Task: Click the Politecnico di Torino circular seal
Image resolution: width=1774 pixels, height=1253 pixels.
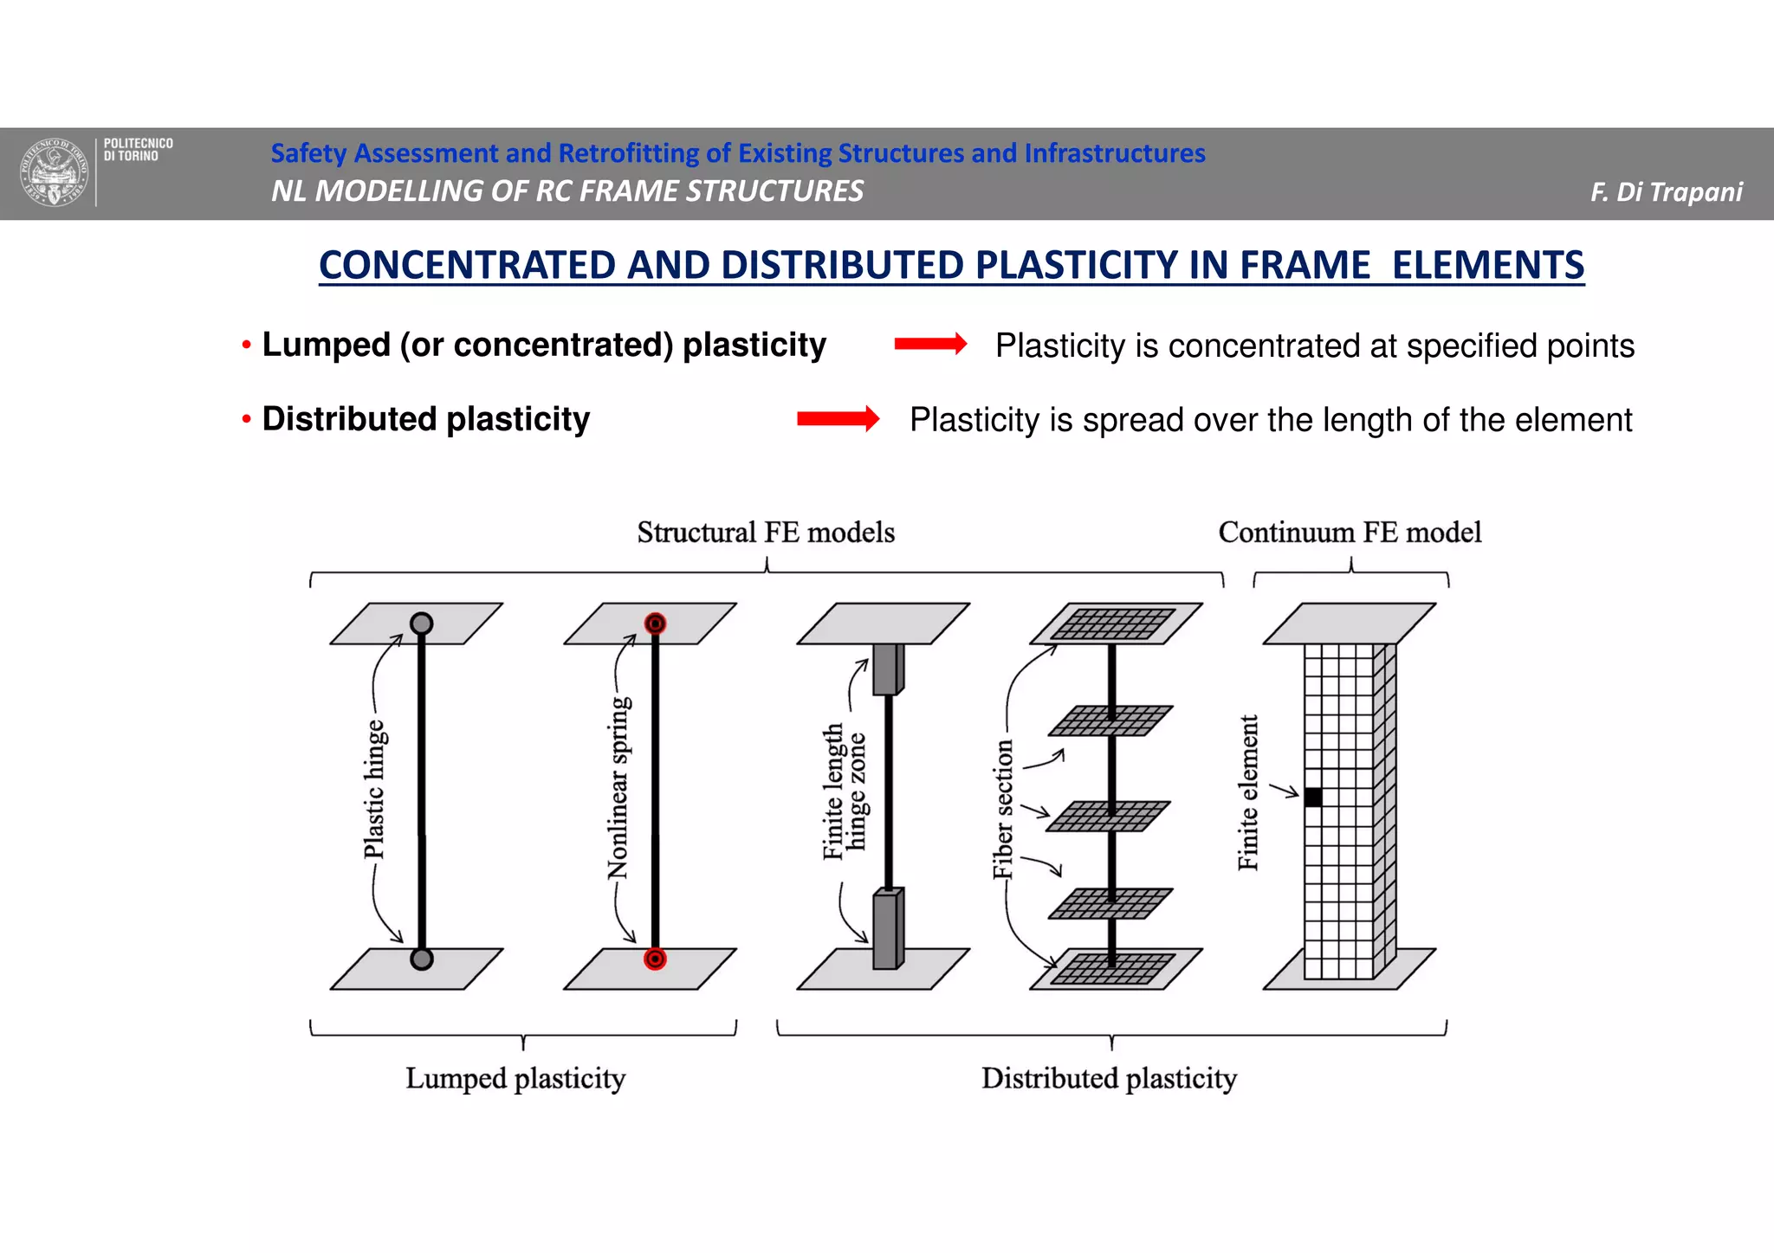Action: pos(55,173)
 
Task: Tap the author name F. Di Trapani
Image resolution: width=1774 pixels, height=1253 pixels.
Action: pos(1666,191)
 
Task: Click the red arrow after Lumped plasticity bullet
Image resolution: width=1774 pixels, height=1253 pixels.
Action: pos(930,345)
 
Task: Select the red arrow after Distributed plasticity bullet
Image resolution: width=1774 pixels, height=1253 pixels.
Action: pos(838,419)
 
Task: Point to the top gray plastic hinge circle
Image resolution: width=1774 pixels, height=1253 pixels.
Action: pos(422,623)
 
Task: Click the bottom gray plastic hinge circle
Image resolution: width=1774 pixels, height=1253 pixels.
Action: pos(422,959)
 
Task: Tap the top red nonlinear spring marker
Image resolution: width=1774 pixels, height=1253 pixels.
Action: pos(656,623)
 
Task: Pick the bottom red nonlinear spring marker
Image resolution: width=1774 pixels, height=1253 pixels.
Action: pos(656,959)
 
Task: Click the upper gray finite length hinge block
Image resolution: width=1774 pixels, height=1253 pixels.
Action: pos(888,668)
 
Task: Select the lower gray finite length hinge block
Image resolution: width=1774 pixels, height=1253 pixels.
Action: pos(888,929)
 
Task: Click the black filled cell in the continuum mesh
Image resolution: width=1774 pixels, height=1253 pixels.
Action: pos(1313,797)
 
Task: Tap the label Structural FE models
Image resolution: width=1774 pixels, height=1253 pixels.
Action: pos(766,532)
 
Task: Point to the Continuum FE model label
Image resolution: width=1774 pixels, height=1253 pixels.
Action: pos(1350,532)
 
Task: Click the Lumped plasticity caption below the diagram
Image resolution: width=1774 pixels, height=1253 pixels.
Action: pos(515,1078)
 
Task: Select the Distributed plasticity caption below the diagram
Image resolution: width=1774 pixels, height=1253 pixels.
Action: pos(1109,1078)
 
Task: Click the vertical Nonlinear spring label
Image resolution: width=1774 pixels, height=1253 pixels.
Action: pos(619,788)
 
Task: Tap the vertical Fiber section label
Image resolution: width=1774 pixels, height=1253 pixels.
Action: pos(1003,810)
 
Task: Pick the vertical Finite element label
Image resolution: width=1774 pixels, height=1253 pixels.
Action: pos(1248,792)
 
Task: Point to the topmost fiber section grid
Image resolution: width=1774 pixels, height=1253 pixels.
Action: pos(1114,623)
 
